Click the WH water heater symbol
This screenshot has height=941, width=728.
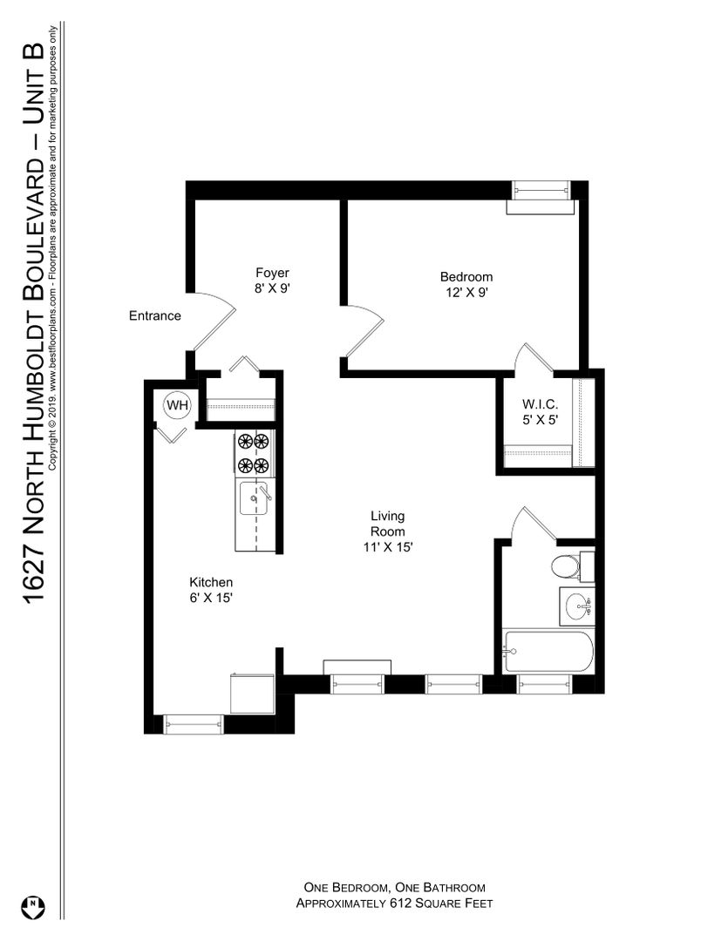pyautogui.click(x=177, y=405)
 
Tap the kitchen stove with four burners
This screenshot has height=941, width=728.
pyautogui.click(x=254, y=454)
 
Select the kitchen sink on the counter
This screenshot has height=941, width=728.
pyautogui.click(x=255, y=498)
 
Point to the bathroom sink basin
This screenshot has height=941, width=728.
pyautogui.click(x=579, y=606)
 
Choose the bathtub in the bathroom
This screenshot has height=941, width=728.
pyautogui.click(x=548, y=652)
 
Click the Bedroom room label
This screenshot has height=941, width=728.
pyautogui.click(x=466, y=277)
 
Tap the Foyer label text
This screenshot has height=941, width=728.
pyautogui.click(x=272, y=273)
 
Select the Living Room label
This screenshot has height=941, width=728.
pyautogui.click(x=387, y=524)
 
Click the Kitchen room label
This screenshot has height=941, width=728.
pyautogui.click(x=211, y=582)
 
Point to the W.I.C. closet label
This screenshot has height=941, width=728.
pyautogui.click(x=540, y=404)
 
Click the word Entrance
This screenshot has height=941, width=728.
pyautogui.click(x=155, y=315)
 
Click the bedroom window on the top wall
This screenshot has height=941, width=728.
pyautogui.click(x=541, y=190)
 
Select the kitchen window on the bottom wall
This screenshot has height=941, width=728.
pyautogui.click(x=194, y=724)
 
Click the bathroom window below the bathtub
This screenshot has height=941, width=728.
pyautogui.click(x=544, y=684)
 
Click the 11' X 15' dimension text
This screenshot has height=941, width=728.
pyautogui.click(x=387, y=547)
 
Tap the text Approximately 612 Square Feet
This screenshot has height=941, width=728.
pyautogui.click(x=394, y=904)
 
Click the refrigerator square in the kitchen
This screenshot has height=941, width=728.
pyautogui.click(x=252, y=694)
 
